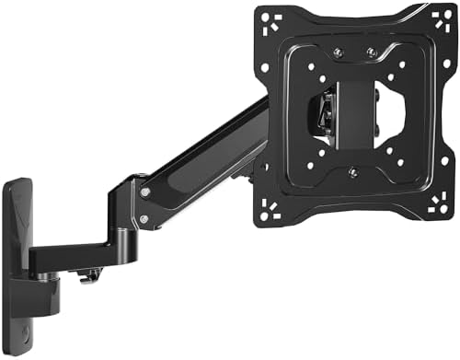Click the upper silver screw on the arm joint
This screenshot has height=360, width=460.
click(x=145, y=192)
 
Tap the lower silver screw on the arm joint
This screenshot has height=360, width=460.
click(x=144, y=219)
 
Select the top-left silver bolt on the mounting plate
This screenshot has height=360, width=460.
click(x=336, y=53)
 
